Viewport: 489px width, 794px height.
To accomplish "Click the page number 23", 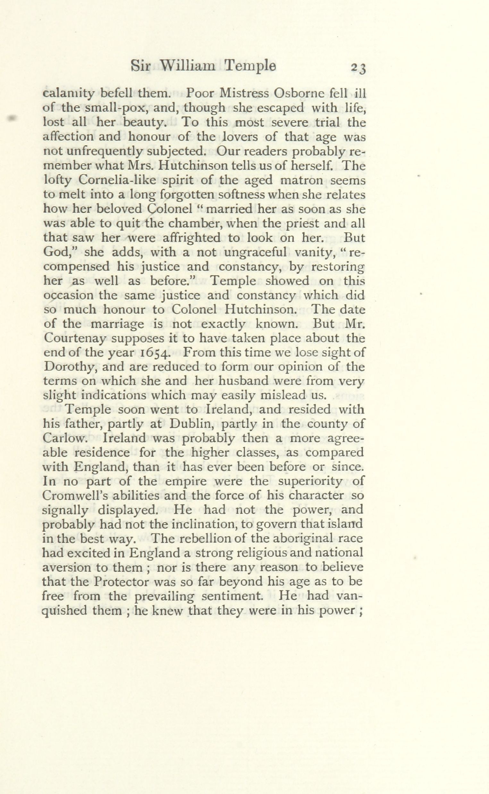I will [x=358, y=68].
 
